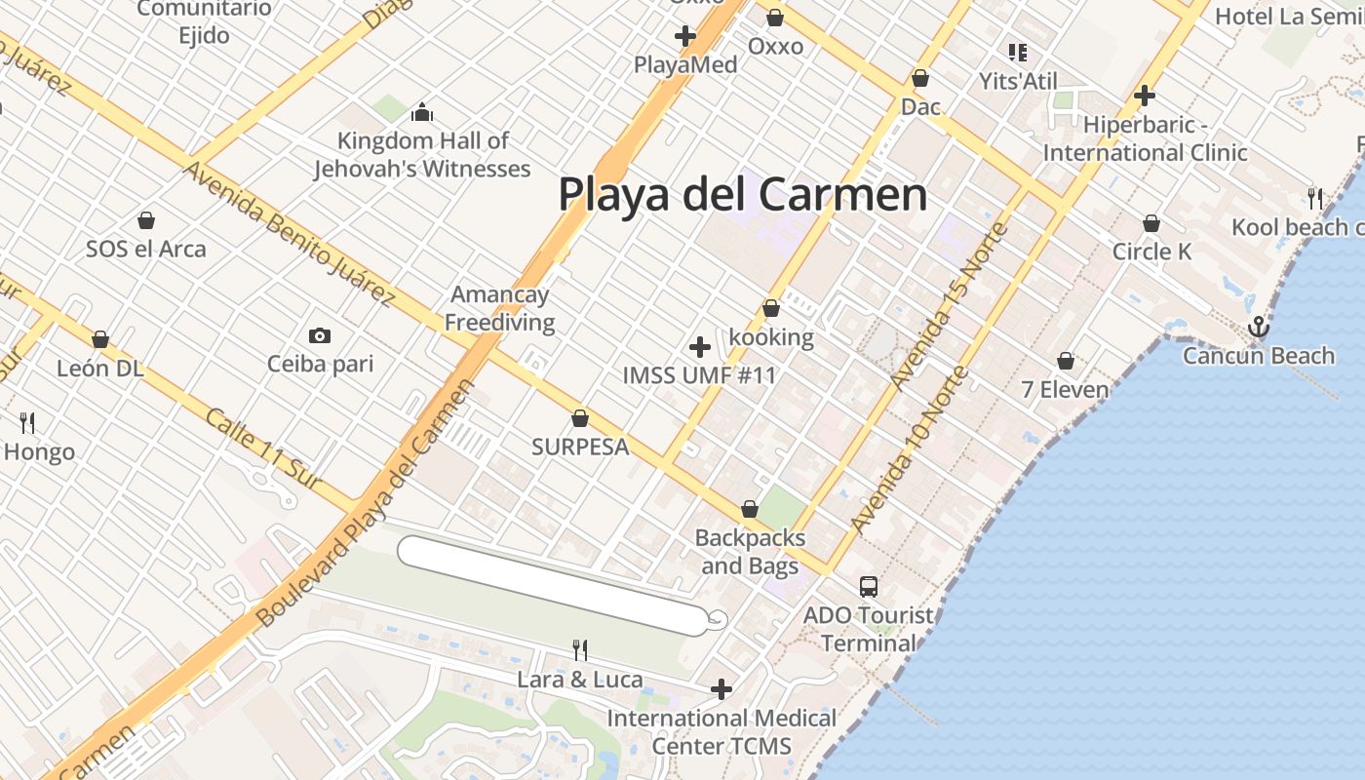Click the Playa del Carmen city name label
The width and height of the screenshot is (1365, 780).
[x=742, y=194]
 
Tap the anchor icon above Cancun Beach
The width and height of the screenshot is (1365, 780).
[x=1259, y=327]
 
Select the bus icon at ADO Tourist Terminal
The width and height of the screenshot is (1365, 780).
[x=869, y=587]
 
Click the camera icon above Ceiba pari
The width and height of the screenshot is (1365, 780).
[x=319, y=336]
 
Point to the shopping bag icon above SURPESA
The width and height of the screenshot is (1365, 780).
[x=580, y=418]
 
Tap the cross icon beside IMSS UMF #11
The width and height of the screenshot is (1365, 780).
[x=699, y=347]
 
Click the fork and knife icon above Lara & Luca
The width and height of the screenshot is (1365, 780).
[x=580, y=650]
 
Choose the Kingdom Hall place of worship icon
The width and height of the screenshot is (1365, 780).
[x=422, y=112]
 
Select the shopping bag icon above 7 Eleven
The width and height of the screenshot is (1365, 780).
[x=1066, y=362]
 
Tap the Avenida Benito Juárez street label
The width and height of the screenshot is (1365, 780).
[x=290, y=235]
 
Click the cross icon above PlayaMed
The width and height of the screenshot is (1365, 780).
[x=685, y=36]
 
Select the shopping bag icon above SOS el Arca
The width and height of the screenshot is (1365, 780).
[x=146, y=220]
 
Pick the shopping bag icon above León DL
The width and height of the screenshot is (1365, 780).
[x=100, y=339]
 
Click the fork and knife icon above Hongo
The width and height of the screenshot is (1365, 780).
[x=27, y=423]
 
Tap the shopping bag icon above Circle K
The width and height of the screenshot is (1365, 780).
[x=1151, y=223]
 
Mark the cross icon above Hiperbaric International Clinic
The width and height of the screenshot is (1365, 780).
[x=1145, y=96]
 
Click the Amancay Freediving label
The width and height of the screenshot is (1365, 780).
[x=500, y=308]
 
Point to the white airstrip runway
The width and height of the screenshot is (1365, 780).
[x=552, y=585]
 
